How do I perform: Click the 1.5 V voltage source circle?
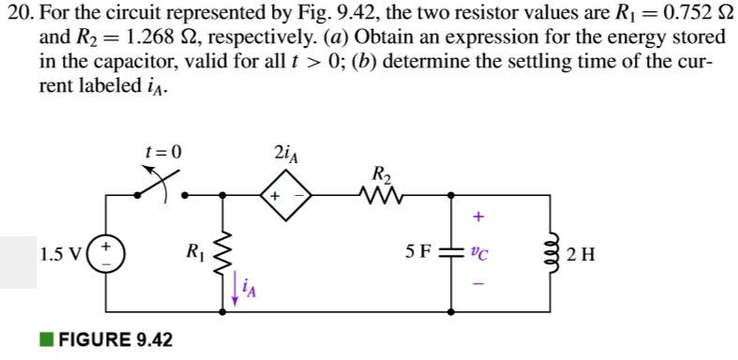tap(106, 253)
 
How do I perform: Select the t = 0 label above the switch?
tap(164, 151)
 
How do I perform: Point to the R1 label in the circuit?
tap(194, 251)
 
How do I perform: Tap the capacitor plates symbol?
tap(452, 252)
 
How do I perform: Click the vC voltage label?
tap(480, 252)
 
